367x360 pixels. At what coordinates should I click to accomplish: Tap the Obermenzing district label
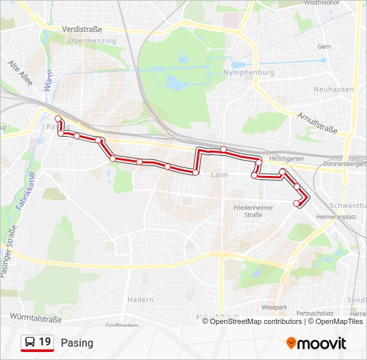(91, 41)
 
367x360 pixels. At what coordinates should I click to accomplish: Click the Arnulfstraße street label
(317, 122)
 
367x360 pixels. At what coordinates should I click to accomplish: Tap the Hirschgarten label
(287, 159)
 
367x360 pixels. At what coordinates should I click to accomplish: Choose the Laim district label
(219, 175)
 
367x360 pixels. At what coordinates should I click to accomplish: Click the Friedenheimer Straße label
(252, 211)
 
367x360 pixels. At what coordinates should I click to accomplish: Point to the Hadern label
(141, 300)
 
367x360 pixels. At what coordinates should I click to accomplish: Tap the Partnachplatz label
(316, 313)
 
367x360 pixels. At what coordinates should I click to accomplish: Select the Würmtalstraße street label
(36, 317)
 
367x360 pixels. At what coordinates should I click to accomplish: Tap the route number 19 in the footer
(45, 343)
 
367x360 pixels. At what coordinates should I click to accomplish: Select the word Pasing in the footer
(77, 343)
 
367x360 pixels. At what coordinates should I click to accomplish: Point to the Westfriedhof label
(321, 3)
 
